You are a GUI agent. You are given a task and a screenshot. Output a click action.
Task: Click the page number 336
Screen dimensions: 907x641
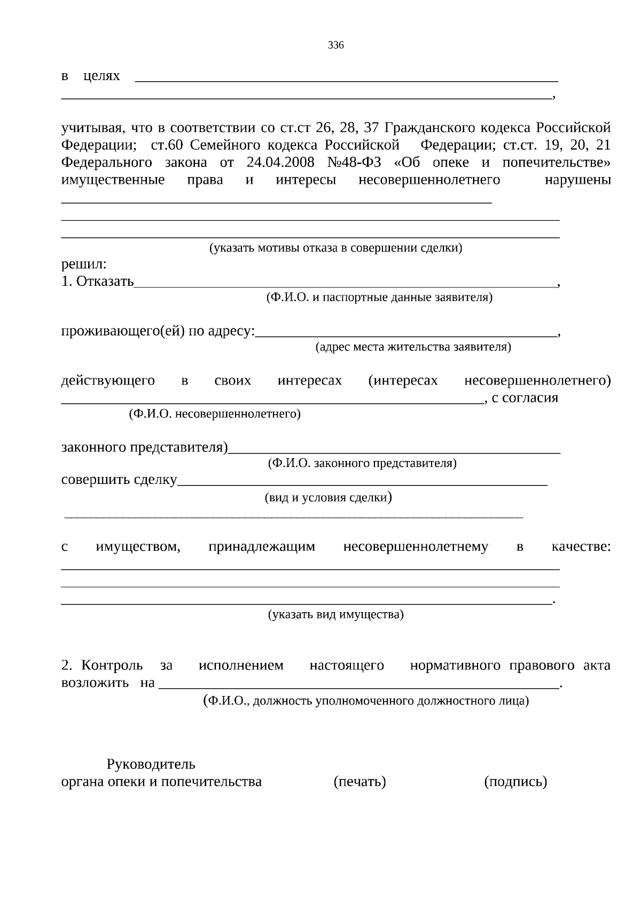point(336,45)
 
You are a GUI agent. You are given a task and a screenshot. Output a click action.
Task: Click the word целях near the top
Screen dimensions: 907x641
point(102,76)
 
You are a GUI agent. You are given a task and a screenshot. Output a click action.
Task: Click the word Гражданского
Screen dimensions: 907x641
point(431,128)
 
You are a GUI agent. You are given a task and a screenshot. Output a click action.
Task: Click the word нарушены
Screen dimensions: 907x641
point(577,180)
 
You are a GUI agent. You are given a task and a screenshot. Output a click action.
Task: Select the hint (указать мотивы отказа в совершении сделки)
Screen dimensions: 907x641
point(335,248)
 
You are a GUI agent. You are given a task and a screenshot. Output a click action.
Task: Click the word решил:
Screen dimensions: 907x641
point(84,264)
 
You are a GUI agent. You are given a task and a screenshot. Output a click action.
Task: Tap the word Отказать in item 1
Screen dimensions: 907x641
point(105,282)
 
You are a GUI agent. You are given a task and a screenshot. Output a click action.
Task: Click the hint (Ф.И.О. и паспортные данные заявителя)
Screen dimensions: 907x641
point(379,298)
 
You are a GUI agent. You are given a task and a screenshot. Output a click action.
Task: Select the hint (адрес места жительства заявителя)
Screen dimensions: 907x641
point(413,347)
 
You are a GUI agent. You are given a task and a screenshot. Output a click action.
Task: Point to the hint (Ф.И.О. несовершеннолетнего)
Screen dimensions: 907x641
point(215,414)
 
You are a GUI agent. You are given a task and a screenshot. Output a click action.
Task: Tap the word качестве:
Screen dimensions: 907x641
point(581,547)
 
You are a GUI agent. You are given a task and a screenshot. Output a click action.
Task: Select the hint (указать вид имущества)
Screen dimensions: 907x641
point(335,614)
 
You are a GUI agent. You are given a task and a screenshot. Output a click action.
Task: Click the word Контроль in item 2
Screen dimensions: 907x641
point(113,666)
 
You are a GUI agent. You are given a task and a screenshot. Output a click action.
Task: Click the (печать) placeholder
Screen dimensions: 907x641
point(359,782)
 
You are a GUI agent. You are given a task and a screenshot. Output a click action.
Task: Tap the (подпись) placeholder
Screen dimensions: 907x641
point(515,782)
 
